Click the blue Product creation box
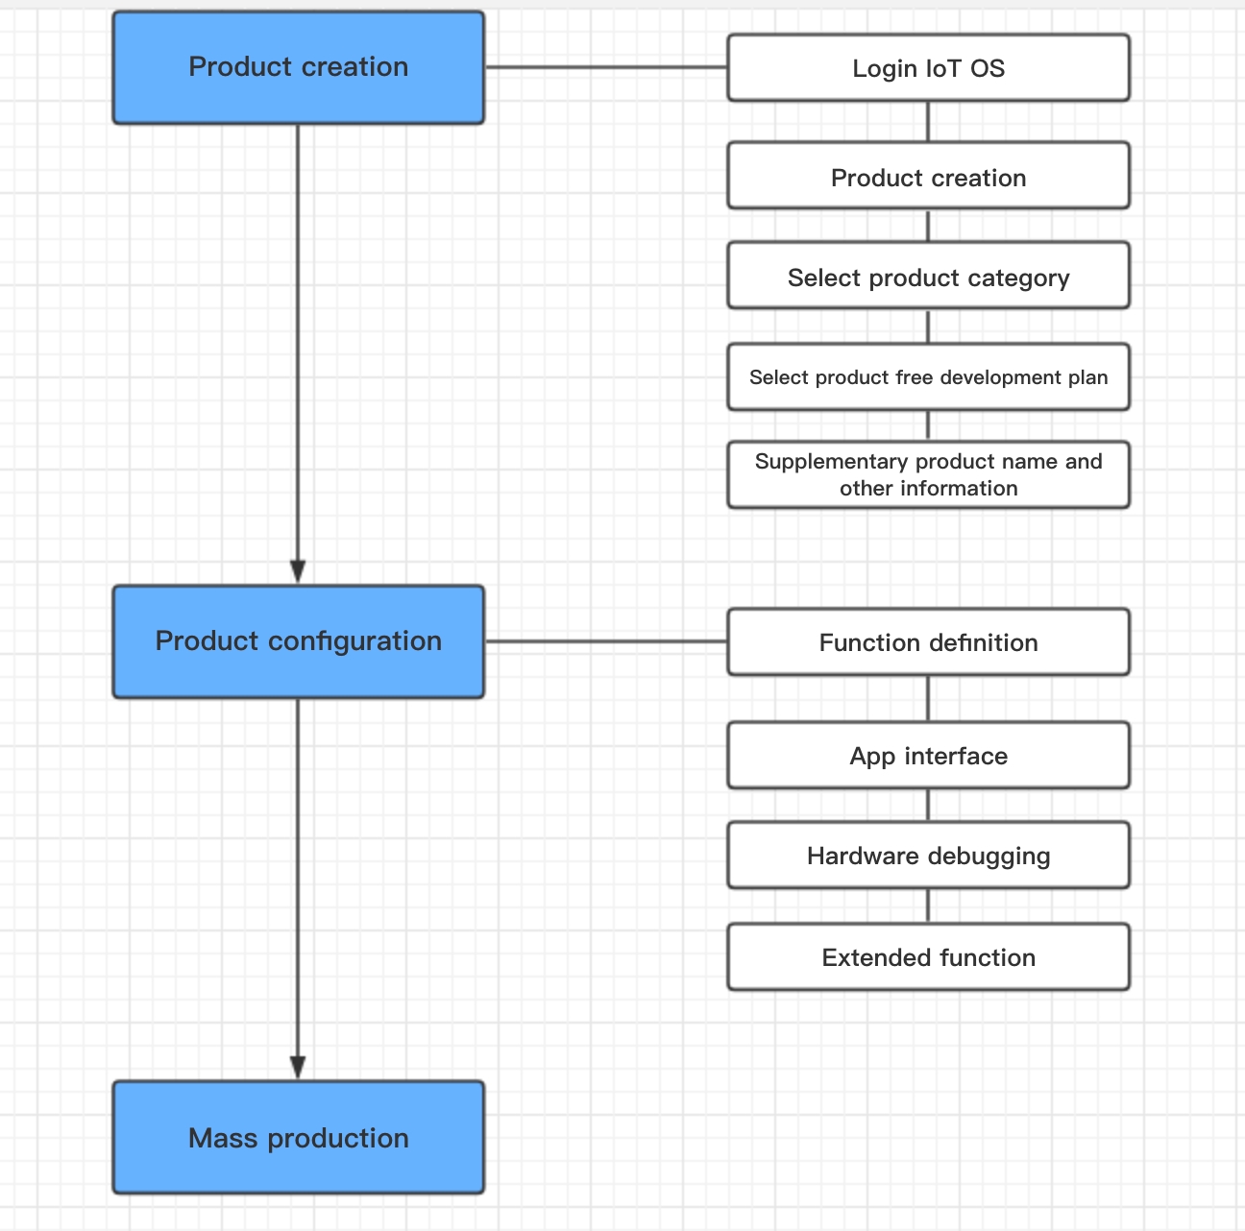(299, 67)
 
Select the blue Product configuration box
(299, 641)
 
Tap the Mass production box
(299, 1137)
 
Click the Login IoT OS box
(928, 68)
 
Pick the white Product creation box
(928, 176)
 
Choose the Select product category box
(928, 276)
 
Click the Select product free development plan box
(928, 377)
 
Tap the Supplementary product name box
(928, 474)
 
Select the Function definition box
(928, 642)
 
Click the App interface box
(928, 755)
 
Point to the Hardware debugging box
(928, 856)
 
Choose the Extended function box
(928, 956)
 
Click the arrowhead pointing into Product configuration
(298, 572)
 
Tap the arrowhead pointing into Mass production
(298, 1068)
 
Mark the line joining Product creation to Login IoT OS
(606, 66)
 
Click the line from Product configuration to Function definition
(606, 641)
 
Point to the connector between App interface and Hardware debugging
(928, 806)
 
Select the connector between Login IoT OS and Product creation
(928, 121)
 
